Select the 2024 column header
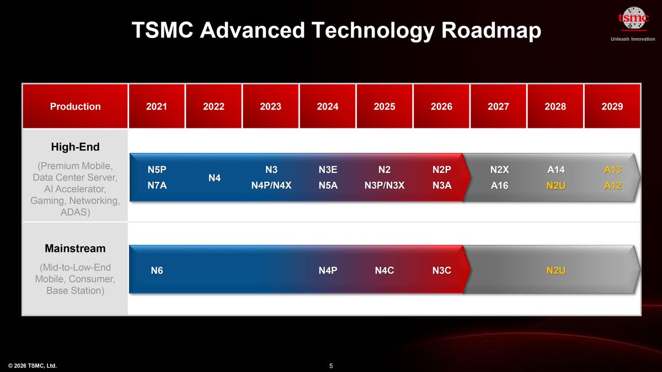click(x=328, y=106)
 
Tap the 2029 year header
click(x=612, y=106)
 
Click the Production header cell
click(x=75, y=106)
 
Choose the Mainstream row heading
click(x=75, y=249)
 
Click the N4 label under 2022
click(x=213, y=178)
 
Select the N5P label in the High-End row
click(x=157, y=170)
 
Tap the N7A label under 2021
click(x=157, y=186)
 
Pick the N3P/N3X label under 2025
click(x=385, y=186)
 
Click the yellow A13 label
click(x=612, y=170)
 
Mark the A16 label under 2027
click(x=499, y=186)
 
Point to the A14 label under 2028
click(x=555, y=170)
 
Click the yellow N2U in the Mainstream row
click(x=555, y=270)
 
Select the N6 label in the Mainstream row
click(x=157, y=270)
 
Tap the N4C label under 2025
click(x=385, y=270)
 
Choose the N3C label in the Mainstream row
click(x=441, y=270)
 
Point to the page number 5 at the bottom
click(x=331, y=366)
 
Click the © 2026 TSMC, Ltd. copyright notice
click(x=33, y=366)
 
